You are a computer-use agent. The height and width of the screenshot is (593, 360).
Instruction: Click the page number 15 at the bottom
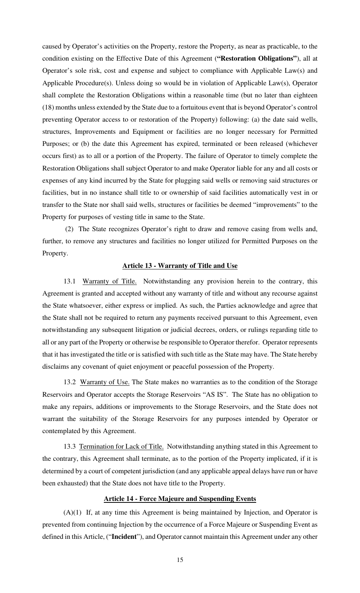point(180,560)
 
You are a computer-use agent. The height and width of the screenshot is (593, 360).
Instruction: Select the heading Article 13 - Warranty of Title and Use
point(180,266)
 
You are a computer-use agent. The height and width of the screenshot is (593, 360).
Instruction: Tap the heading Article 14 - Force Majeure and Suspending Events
point(180,499)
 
